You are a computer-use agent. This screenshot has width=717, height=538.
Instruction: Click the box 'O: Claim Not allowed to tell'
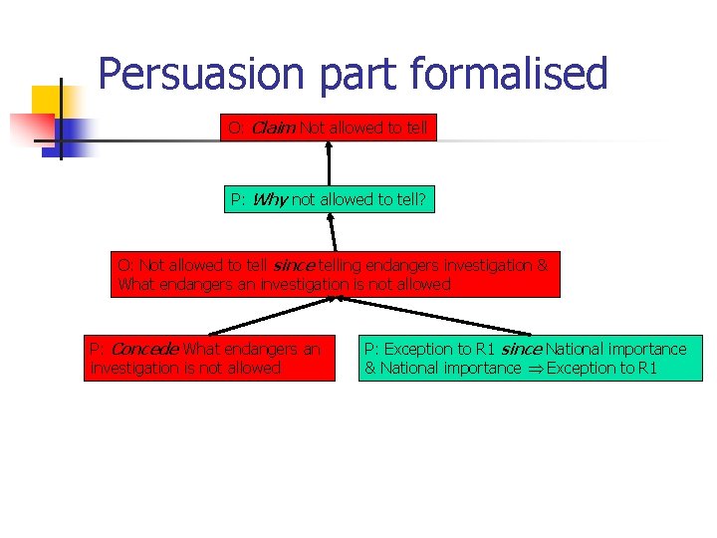pos(328,128)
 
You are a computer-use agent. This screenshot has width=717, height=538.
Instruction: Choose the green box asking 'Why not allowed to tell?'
pos(328,199)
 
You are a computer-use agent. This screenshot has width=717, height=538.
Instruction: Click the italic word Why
pos(270,199)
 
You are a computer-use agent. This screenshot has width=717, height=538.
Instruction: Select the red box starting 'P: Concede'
pos(209,359)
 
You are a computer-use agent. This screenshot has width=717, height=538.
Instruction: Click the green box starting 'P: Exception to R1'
pos(532,359)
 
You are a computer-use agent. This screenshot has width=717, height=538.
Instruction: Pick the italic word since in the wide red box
pos(293,265)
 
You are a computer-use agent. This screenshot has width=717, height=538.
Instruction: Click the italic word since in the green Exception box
pos(522,349)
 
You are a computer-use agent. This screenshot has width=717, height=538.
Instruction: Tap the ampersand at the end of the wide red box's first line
pos(543,265)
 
